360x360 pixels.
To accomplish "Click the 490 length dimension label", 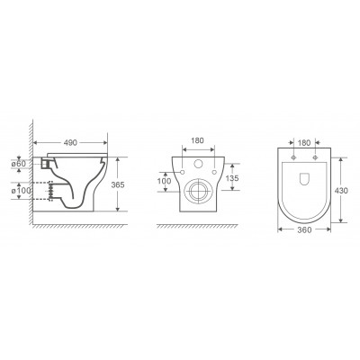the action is tap(71, 143).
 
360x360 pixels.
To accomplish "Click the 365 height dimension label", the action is tap(118, 184).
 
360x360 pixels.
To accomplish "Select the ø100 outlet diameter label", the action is tap(22, 191).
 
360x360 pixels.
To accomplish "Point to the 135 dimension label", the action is tap(232, 178).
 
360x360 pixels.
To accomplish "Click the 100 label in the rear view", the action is tap(165, 181).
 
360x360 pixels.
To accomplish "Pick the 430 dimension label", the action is tap(341, 191).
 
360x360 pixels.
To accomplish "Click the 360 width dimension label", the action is tap(304, 229).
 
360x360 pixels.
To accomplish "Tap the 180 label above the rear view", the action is tap(198, 140).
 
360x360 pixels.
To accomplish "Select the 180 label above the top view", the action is tap(304, 143).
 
